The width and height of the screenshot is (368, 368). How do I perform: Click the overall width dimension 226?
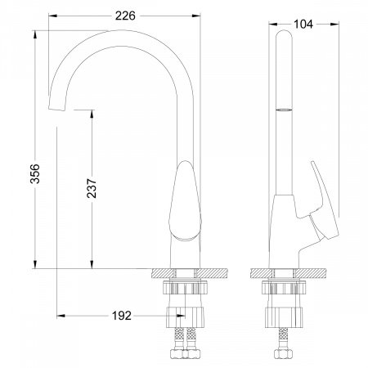coord(125,15)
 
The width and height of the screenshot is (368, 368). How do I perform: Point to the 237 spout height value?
coord(91,191)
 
